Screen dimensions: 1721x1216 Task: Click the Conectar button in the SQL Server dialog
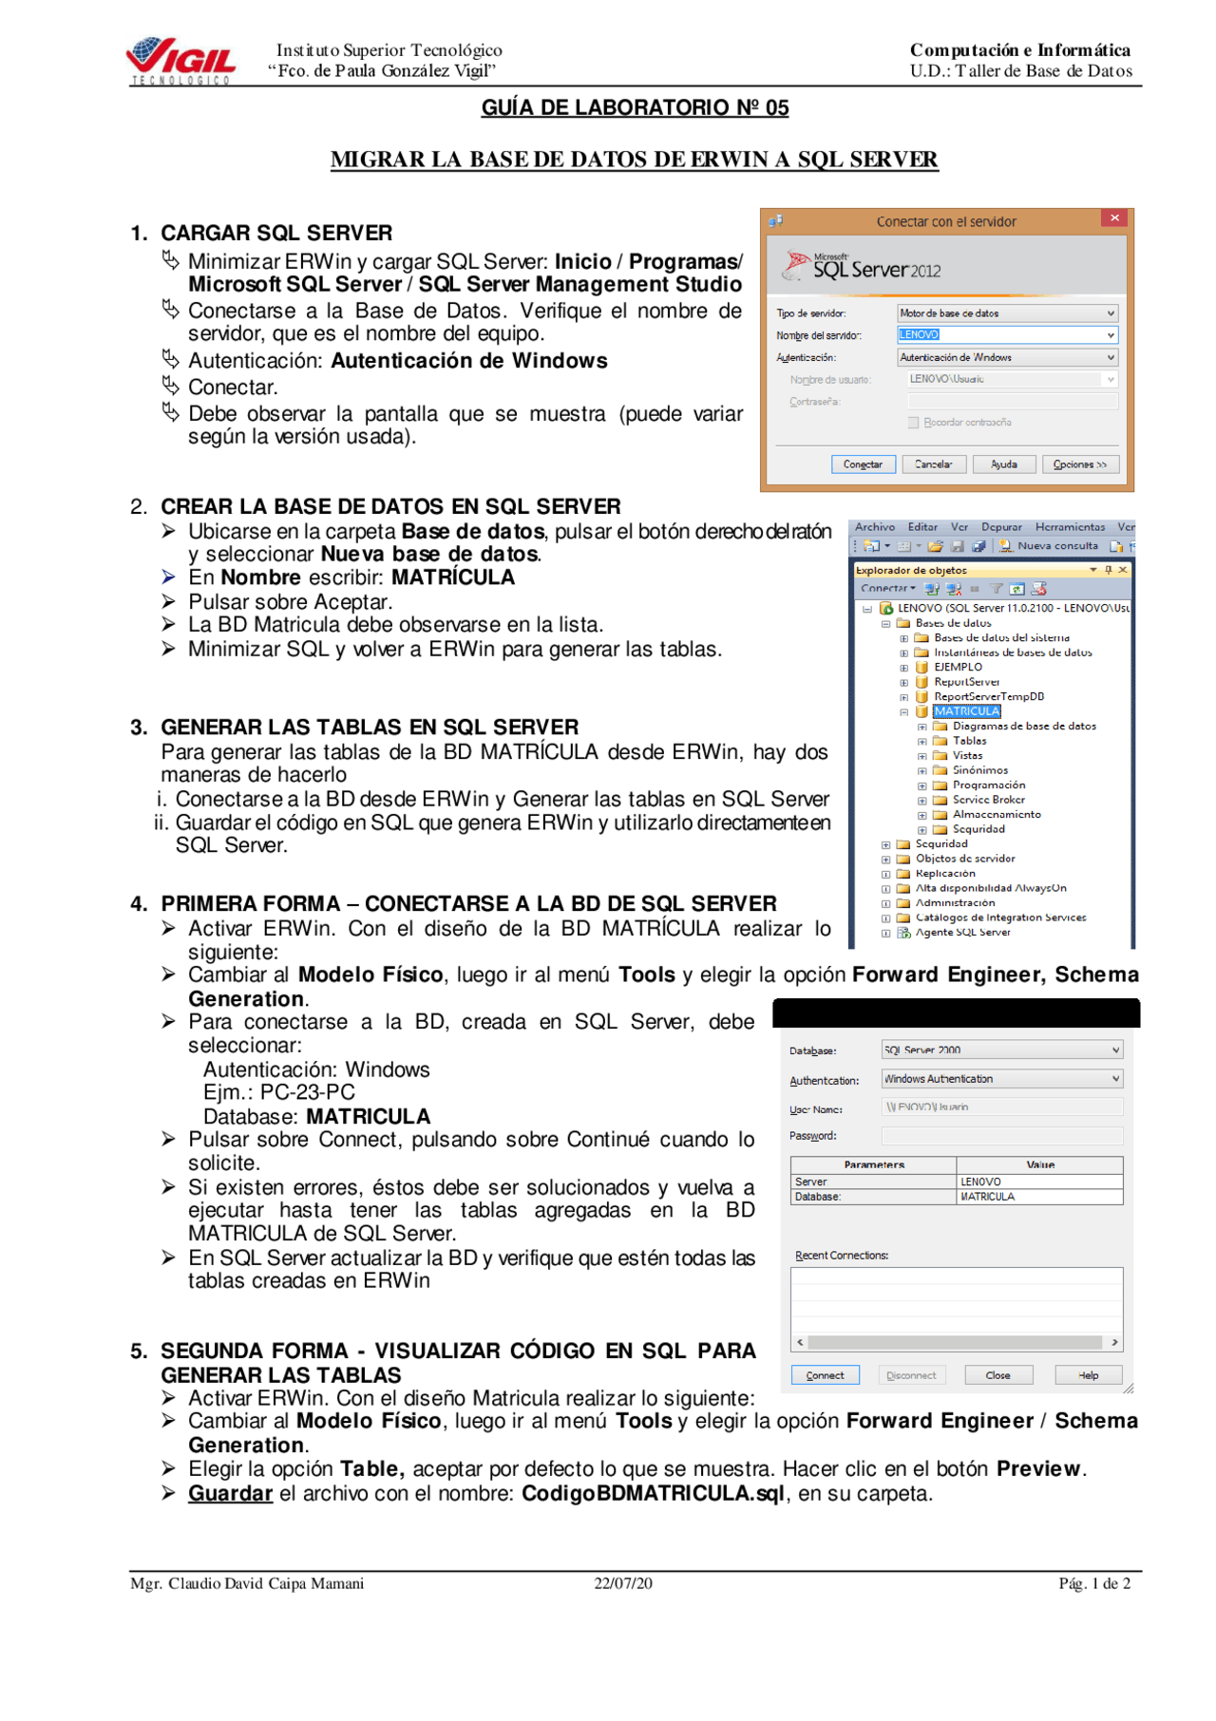click(x=863, y=464)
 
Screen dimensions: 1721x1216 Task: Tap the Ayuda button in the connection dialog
click(x=1003, y=464)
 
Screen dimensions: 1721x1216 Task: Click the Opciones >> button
click(x=1080, y=464)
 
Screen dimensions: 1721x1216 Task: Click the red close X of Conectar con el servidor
click(x=1114, y=218)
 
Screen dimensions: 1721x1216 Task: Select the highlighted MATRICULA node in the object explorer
click(x=966, y=711)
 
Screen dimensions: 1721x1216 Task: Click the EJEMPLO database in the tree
click(x=958, y=667)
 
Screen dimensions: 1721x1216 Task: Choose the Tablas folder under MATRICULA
click(x=969, y=741)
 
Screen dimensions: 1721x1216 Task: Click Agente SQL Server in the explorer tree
click(x=962, y=933)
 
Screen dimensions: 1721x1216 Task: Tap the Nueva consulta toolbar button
click(x=1049, y=546)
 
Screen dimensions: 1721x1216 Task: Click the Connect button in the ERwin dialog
click(x=825, y=1375)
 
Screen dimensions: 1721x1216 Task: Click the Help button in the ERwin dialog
click(x=1088, y=1375)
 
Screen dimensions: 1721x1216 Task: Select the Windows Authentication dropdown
click(x=1001, y=1079)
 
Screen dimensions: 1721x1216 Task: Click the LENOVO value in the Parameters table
click(x=980, y=1182)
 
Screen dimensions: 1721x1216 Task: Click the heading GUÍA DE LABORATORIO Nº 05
click(x=635, y=108)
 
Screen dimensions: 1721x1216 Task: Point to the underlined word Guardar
click(x=230, y=1493)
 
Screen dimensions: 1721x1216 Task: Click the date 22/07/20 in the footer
click(x=623, y=1583)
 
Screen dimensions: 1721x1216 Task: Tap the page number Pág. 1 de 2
click(x=1094, y=1583)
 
